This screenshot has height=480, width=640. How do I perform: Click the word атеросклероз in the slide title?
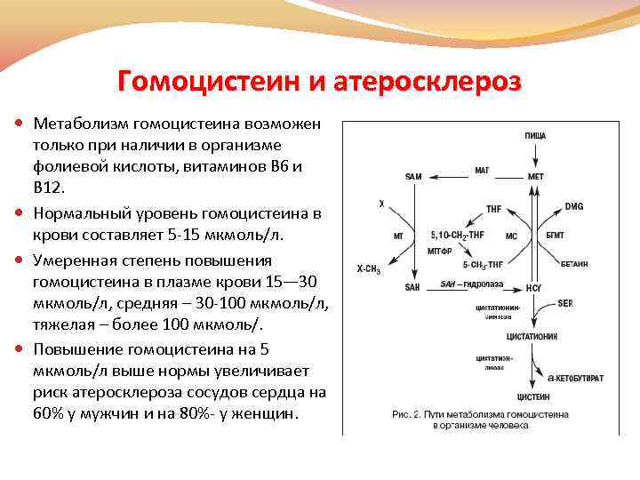click(x=428, y=83)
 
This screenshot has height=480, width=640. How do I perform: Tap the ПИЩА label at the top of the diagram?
click(x=535, y=135)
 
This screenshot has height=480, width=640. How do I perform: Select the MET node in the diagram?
click(x=535, y=176)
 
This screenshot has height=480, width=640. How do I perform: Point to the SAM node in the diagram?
click(x=413, y=176)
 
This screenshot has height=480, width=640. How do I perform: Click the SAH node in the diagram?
click(x=412, y=287)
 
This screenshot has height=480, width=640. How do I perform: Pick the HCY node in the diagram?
click(x=534, y=287)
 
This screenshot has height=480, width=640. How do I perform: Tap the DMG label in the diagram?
click(x=574, y=206)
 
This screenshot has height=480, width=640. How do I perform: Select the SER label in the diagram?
click(x=565, y=303)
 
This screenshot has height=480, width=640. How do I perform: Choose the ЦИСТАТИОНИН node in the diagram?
click(x=531, y=338)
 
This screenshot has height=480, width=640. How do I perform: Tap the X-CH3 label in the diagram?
click(x=369, y=267)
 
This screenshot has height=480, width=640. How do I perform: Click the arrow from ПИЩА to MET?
click(x=535, y=156)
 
